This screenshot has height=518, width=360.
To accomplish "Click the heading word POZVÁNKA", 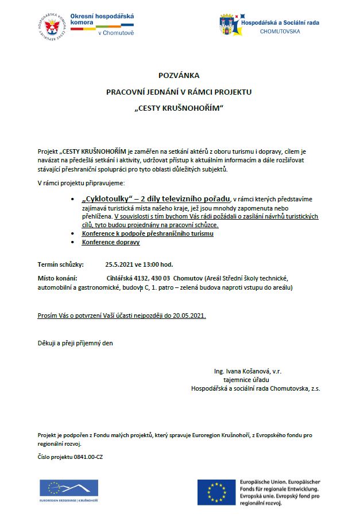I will (179, 75).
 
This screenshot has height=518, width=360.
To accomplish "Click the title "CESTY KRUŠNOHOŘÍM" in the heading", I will (180, 108).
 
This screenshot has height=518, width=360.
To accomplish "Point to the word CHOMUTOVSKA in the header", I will (280, 32).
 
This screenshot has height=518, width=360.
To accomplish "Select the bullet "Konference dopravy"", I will (111, 242).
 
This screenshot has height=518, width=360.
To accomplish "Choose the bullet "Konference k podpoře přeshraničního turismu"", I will (148, 233).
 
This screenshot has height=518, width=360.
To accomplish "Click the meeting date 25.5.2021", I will (119, 264).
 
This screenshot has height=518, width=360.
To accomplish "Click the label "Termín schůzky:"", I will (60, 264).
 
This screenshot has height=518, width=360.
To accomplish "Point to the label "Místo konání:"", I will (57, 278).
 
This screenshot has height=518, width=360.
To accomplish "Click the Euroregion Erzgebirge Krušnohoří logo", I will (68, 491).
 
